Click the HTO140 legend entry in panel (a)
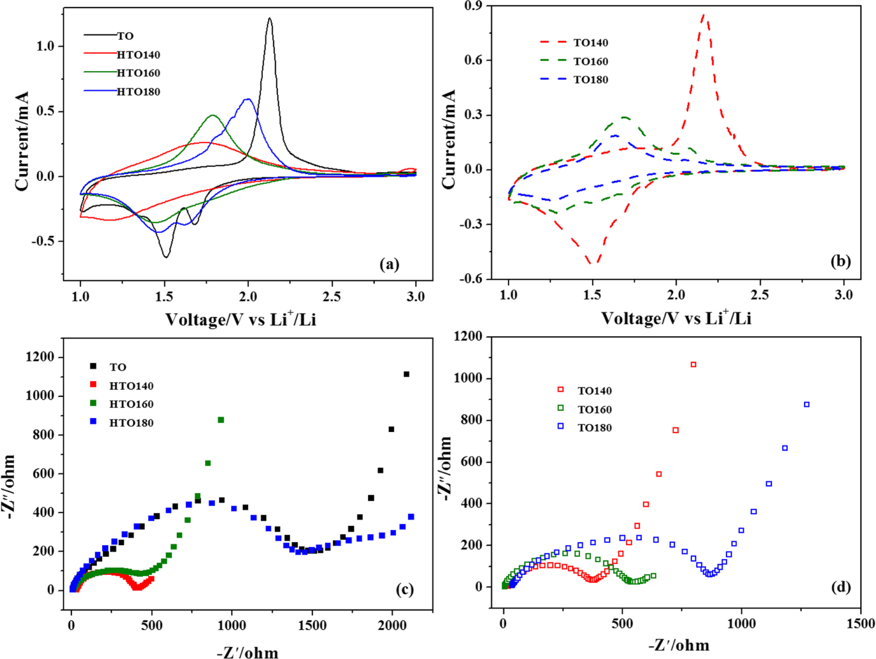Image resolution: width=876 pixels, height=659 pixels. click(x=138, y=55)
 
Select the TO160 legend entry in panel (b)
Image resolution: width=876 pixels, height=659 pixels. click(x=590, y=61)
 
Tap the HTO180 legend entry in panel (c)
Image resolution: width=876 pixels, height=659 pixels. click(x=131, y=423)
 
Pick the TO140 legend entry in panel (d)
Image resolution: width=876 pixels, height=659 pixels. click(x=595, y=391)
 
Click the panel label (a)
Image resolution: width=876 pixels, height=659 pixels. click(x=390, y=264)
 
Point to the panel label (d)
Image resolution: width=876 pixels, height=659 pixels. click(x=840, y=587)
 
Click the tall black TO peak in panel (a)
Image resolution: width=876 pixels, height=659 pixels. click(x=269, y=19)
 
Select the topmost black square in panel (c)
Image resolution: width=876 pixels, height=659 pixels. click(x=406, y=374)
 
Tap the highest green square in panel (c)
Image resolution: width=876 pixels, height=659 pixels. click(x=221, y=420)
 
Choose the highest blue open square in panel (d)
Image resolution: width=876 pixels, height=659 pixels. click(x=807, y=405)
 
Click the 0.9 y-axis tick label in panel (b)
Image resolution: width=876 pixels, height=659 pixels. click(x=473, y=6)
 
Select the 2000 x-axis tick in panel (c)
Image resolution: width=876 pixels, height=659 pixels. click(x=392, y=625)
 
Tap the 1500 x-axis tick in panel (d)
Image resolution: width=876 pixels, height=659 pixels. click(x=861, y=623)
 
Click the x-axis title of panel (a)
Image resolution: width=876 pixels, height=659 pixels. click(x=241, y=319)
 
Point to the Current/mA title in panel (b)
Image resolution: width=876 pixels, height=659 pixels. click(x=449, y=139)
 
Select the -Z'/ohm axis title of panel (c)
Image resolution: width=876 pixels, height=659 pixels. click(x=248, y=652)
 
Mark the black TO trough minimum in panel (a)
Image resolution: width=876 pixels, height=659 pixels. click(x=166, y=257)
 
